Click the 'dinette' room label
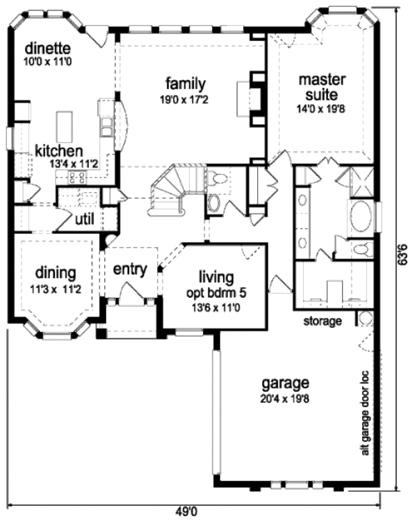pos(49,48)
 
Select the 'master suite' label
pos(318,86)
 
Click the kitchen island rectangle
pos(65,125)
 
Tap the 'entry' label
pos(130,269)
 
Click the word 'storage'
pos(322,321)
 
